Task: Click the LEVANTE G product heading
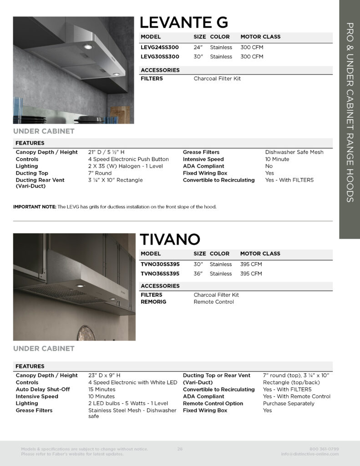(x=184, y=22)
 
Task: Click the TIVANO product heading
(x=170, y=239)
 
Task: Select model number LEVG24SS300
(x=160, y=47)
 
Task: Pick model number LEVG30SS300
(x=160, y=57)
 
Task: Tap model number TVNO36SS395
(x=160, y=274)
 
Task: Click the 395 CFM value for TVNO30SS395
(x=251, y=264)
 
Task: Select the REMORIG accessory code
(x=153, y=302)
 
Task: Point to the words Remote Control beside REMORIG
(x=213, y=302)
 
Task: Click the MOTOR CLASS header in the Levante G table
(x=260, y=37)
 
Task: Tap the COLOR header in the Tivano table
(x=219, y=253)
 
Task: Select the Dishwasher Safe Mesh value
(x=294, y=152)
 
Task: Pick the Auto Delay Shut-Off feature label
(x=43, y=390)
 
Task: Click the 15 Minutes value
(x=101, y=390)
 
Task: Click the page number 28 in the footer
(x=180, y=449)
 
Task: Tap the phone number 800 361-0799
(x=324, y=449)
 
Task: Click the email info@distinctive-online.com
(x=310, y=454)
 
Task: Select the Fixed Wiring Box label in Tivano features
(x=205, y=410)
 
